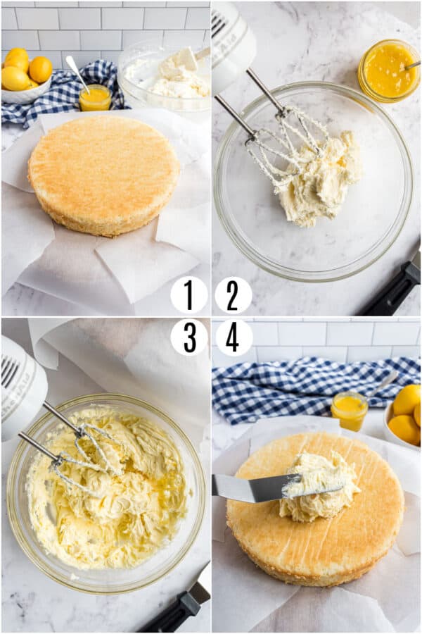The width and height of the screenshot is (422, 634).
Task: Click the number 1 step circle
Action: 188,294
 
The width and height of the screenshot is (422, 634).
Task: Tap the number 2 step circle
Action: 233,294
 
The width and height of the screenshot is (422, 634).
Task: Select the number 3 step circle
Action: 188,337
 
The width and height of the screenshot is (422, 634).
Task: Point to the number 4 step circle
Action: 233,337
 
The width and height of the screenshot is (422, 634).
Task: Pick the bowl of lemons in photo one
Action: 26,77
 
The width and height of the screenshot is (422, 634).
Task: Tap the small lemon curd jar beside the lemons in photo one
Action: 94,98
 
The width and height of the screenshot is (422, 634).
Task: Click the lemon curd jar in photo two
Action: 388,70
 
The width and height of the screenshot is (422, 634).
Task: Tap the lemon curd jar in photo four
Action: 349,411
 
